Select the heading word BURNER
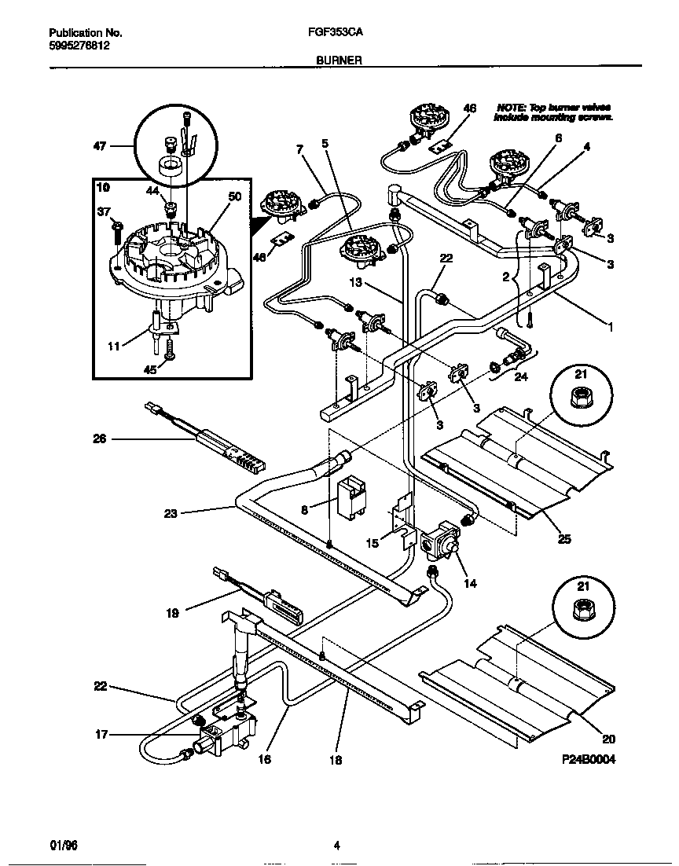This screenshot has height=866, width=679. pos(339,60)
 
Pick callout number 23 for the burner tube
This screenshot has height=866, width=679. pos(171,515)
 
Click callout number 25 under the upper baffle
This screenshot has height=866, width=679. pos(564,539)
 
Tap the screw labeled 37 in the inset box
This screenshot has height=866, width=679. pos(116,229)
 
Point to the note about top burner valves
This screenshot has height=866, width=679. pos(552,112)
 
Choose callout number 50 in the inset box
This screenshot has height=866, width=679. pos(233,199)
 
